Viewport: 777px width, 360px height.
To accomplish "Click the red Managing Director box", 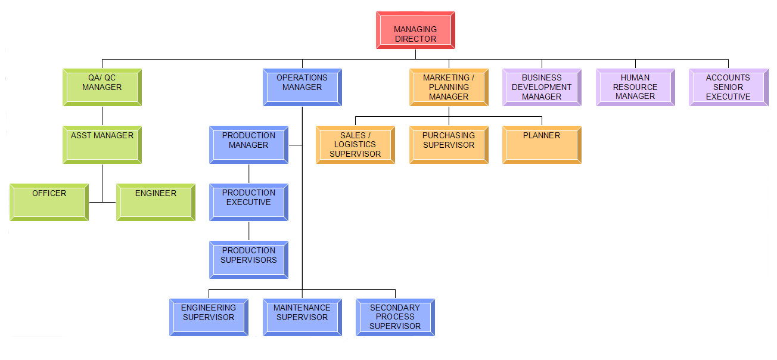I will [x=415, y=30].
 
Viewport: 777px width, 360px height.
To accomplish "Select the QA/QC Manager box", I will [x=102, y=87].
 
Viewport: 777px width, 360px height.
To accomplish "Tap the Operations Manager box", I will [x=302, y=87].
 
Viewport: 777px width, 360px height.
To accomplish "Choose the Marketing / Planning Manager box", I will [x=449, y=87].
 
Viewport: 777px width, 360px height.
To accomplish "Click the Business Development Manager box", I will [x=542, y=87].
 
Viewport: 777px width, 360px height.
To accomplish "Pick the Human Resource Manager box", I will [x=635, y=87].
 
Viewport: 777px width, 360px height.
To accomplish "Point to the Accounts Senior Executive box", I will [x=728, y=87].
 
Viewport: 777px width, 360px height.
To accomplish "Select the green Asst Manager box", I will [x=102, y=144].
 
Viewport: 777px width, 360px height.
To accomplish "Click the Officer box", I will [x=49, y=202].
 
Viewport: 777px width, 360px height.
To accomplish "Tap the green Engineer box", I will [x=156, y=202].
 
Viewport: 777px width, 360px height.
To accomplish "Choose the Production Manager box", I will [x=248, y=144].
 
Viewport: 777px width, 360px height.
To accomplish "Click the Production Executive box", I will [x=248, y=202].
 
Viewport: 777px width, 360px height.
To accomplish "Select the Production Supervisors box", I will [x=248, y=259].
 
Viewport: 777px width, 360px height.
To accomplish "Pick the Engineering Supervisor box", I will [x=209, y=317].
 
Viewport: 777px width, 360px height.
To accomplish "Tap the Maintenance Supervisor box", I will [x=302, y=317].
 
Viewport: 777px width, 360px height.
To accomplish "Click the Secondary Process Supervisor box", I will [x=395, y=317].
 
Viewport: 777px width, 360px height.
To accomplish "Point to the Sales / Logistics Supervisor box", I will [x=355, y=144].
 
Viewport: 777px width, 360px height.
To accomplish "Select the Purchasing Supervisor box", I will [x=449, y=144].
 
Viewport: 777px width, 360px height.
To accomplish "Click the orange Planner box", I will [x=542, y=144].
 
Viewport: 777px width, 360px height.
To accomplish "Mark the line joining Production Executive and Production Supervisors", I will [x=249, y=231].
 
